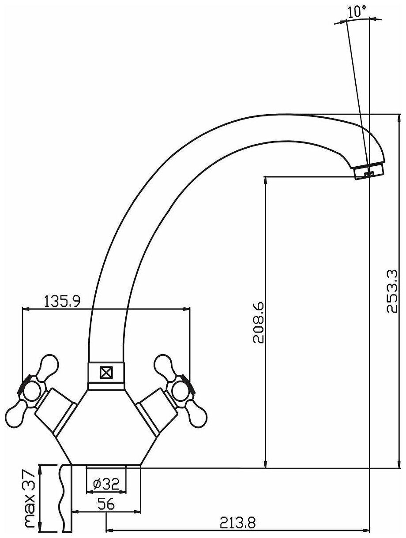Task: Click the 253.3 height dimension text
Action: (x=391, y=291)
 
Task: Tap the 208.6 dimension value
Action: (x=259, y=322)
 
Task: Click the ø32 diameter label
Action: (x=106, y=485)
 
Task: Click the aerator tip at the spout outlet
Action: (x=369, y=172)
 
